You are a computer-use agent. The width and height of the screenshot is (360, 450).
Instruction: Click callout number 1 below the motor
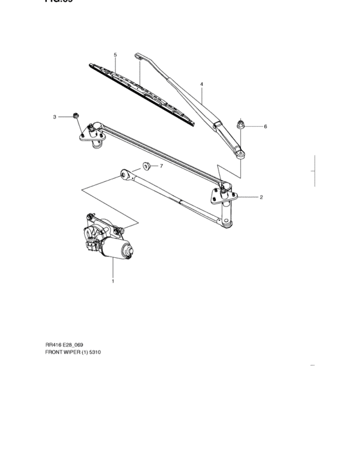coord(113,281)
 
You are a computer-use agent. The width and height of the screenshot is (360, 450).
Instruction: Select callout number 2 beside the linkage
coord(261,197)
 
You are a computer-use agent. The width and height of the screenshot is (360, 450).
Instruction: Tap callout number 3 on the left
coord(55,116)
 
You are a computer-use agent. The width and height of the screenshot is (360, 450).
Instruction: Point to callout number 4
coord(201,84)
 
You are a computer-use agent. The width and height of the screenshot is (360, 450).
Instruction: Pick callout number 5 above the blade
coord(115,55)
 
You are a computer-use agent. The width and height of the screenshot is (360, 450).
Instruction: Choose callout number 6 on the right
coord(265,127)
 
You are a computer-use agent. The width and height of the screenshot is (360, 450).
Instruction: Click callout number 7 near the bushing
coord(161,166)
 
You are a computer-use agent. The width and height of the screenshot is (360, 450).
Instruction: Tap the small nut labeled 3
coord(76,116)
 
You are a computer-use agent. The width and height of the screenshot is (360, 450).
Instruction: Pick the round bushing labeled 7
coord(145,166)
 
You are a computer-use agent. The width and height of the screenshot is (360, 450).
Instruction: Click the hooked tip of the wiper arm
coord(138,57)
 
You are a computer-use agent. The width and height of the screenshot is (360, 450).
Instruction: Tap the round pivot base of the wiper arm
coord(240,152)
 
